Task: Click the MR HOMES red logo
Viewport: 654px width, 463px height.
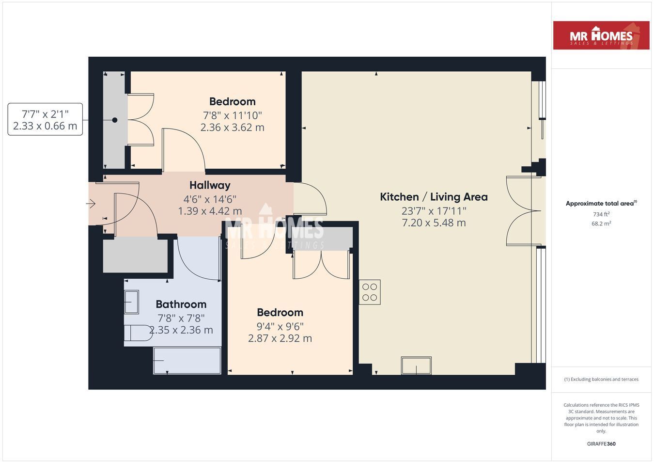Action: coord(601,35)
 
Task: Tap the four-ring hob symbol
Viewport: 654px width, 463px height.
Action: coord(370,292)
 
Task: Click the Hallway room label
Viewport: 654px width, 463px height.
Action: coord(210,185)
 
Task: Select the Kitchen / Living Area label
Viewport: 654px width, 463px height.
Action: coord(434,197)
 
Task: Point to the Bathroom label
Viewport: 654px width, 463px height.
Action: coord(181,304)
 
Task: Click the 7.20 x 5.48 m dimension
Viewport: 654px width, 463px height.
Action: coord(434,223)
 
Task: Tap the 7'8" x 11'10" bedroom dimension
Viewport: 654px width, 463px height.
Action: coord(233,116)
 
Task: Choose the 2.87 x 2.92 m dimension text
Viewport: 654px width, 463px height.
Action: coord(280,338)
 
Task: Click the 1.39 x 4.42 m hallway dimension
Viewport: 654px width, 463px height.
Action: coord(210,211)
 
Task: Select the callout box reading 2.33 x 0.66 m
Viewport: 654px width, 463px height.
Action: coord(45,119)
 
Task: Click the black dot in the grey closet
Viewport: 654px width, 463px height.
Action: coord(115,120)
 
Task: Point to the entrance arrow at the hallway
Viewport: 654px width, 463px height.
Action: coord(91,204)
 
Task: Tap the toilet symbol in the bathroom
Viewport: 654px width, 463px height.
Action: coord(138,333)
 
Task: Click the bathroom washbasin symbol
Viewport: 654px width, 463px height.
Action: coord(131,302)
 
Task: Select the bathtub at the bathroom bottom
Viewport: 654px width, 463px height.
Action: coord(187,361)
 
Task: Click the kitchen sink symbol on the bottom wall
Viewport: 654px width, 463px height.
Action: coord(416,365)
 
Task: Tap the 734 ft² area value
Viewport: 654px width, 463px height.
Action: coord(601,214)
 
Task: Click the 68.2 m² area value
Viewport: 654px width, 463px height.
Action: coord(601,224)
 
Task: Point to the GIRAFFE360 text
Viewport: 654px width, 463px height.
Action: coord(601,444)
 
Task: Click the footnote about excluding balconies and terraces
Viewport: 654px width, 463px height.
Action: coord(601,379)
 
